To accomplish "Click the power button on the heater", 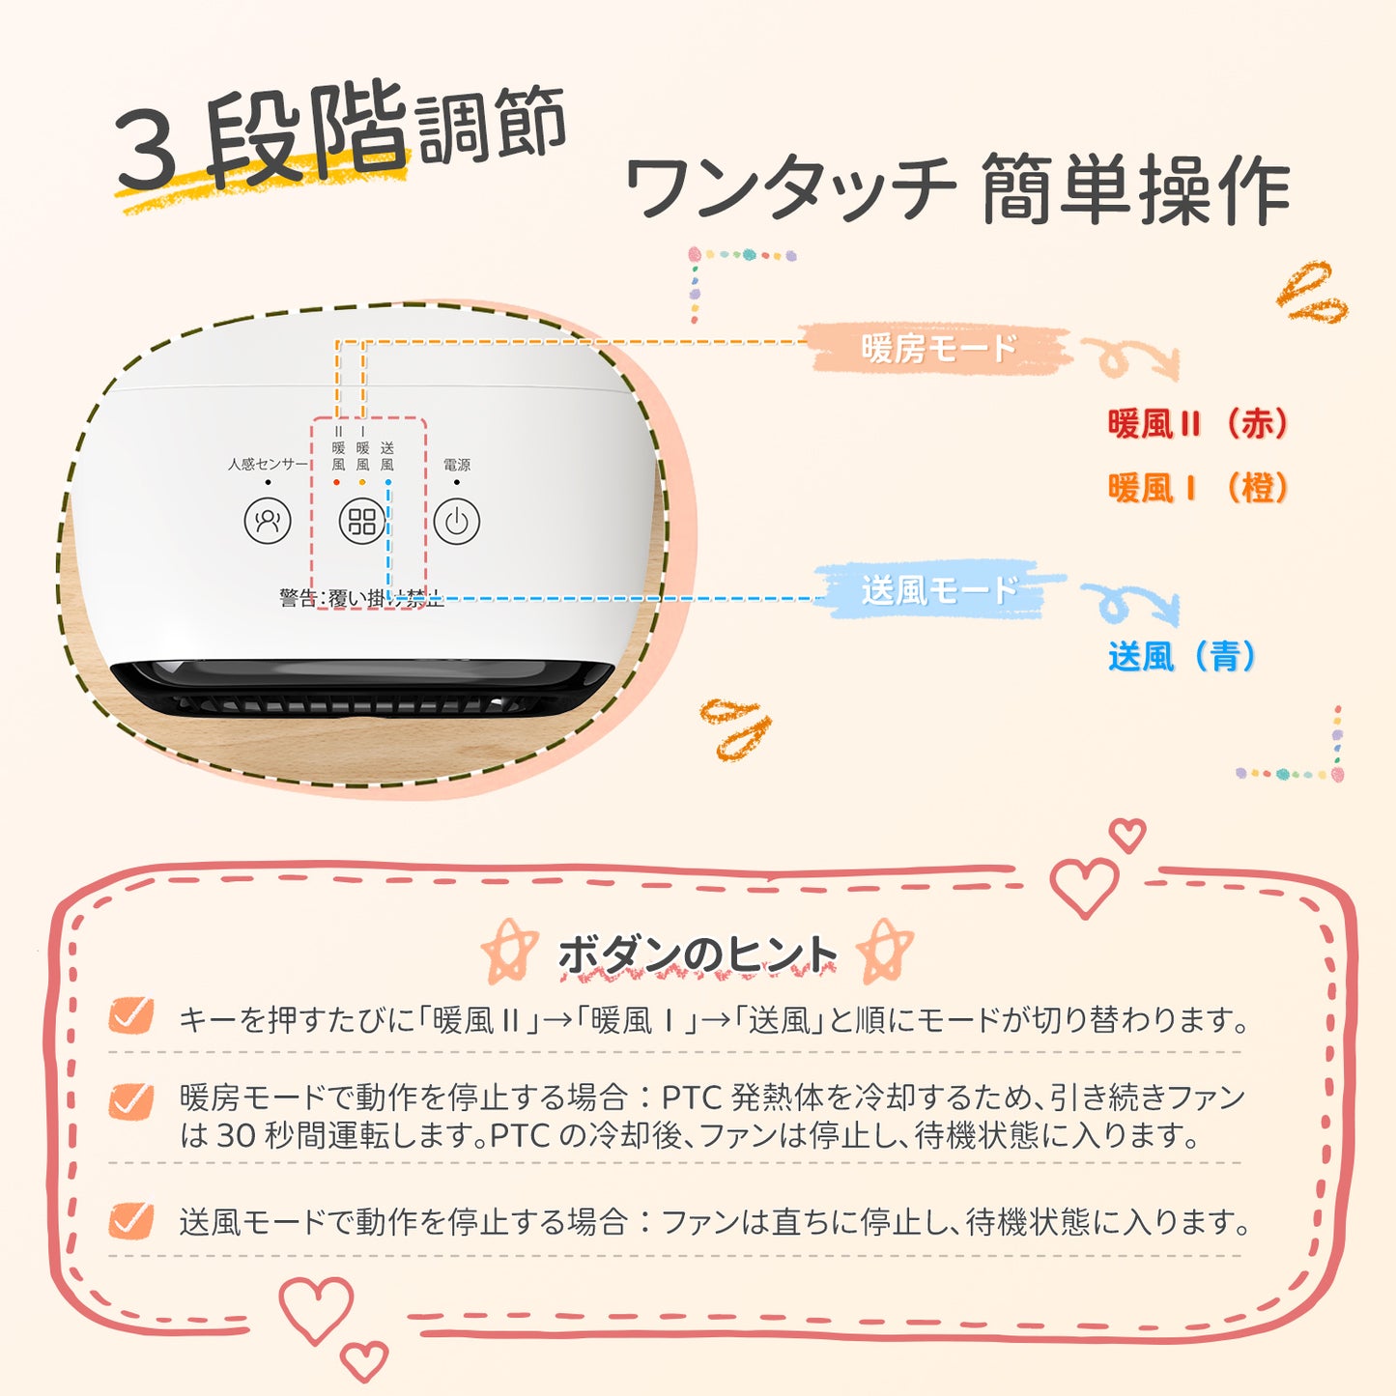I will pos(457,522).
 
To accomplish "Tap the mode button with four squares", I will pos(362,522).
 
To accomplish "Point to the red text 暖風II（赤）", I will pos(1198,423).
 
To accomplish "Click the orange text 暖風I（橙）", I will pos(1198,488).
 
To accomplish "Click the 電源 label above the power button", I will pos(457,465).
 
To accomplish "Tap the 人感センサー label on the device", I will pos(268,465).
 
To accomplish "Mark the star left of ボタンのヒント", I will pos(510,951).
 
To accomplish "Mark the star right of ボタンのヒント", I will pos(884,951).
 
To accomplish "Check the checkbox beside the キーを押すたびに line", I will pos(131,1016).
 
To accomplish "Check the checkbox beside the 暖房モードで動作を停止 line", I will pos(131,1100).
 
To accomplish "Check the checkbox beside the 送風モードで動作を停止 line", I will pos(131,1220).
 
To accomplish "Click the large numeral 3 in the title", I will pos(147,147).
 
